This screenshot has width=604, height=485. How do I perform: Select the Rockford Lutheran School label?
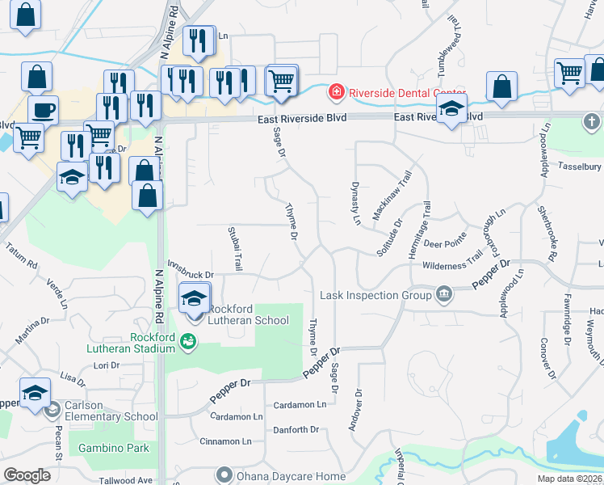point(248,314)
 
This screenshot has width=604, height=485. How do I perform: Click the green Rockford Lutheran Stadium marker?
point(188,341)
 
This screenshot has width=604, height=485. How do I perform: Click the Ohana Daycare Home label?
point(290,476)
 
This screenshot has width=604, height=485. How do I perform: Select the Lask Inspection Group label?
point(375,295)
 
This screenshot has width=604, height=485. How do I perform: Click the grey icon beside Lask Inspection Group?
point(443,294)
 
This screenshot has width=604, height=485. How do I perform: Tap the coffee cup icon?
point(43,109)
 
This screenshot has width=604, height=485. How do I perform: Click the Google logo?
point(27,475)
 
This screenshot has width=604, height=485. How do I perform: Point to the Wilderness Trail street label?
point(452,265)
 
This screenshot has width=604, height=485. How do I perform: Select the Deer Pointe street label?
point(445,242)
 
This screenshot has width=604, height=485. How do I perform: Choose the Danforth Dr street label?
point(296,430)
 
